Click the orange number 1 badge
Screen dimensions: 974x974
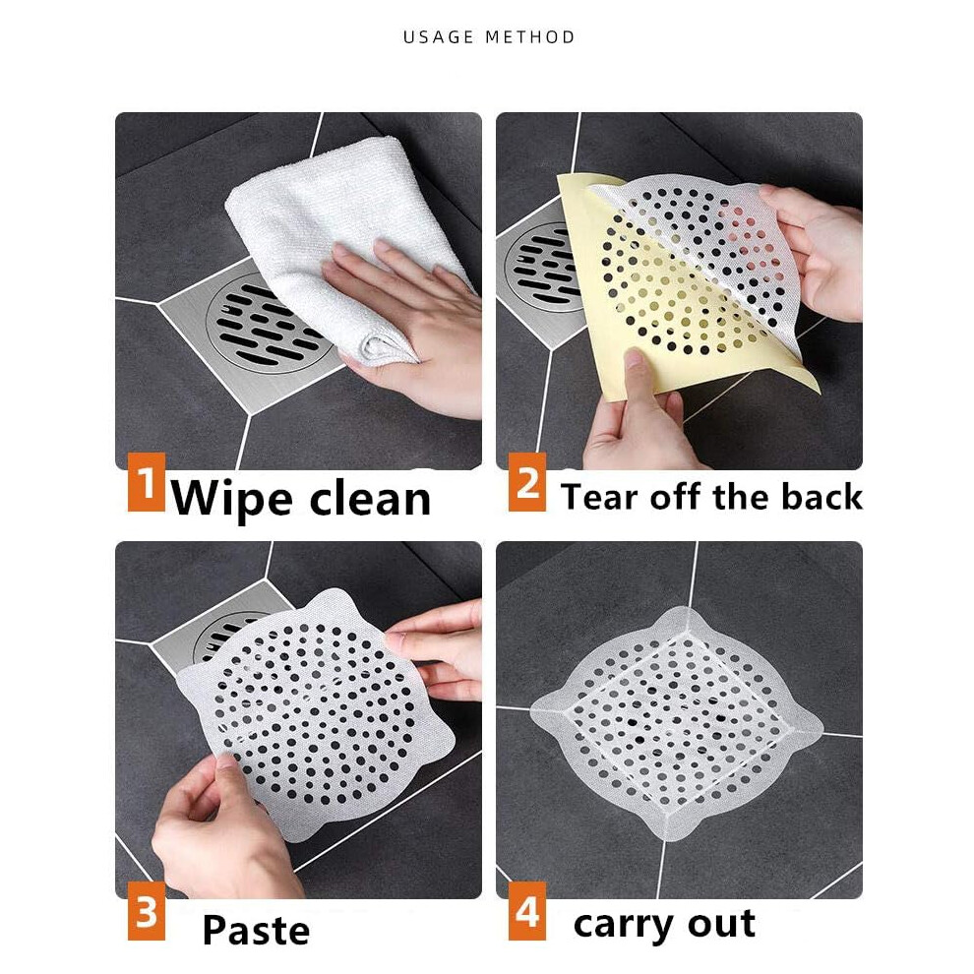146,482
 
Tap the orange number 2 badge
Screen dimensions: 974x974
526,482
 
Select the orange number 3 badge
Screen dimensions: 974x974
146,911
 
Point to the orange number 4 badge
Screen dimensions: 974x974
526,911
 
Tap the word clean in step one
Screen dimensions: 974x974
370,498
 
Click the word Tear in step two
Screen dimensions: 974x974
599,497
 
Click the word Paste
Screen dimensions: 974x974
256,930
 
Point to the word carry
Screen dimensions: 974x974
624,925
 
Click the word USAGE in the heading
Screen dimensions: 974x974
439,37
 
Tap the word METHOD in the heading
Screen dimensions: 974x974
530,37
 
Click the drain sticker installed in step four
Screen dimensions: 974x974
677,724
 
